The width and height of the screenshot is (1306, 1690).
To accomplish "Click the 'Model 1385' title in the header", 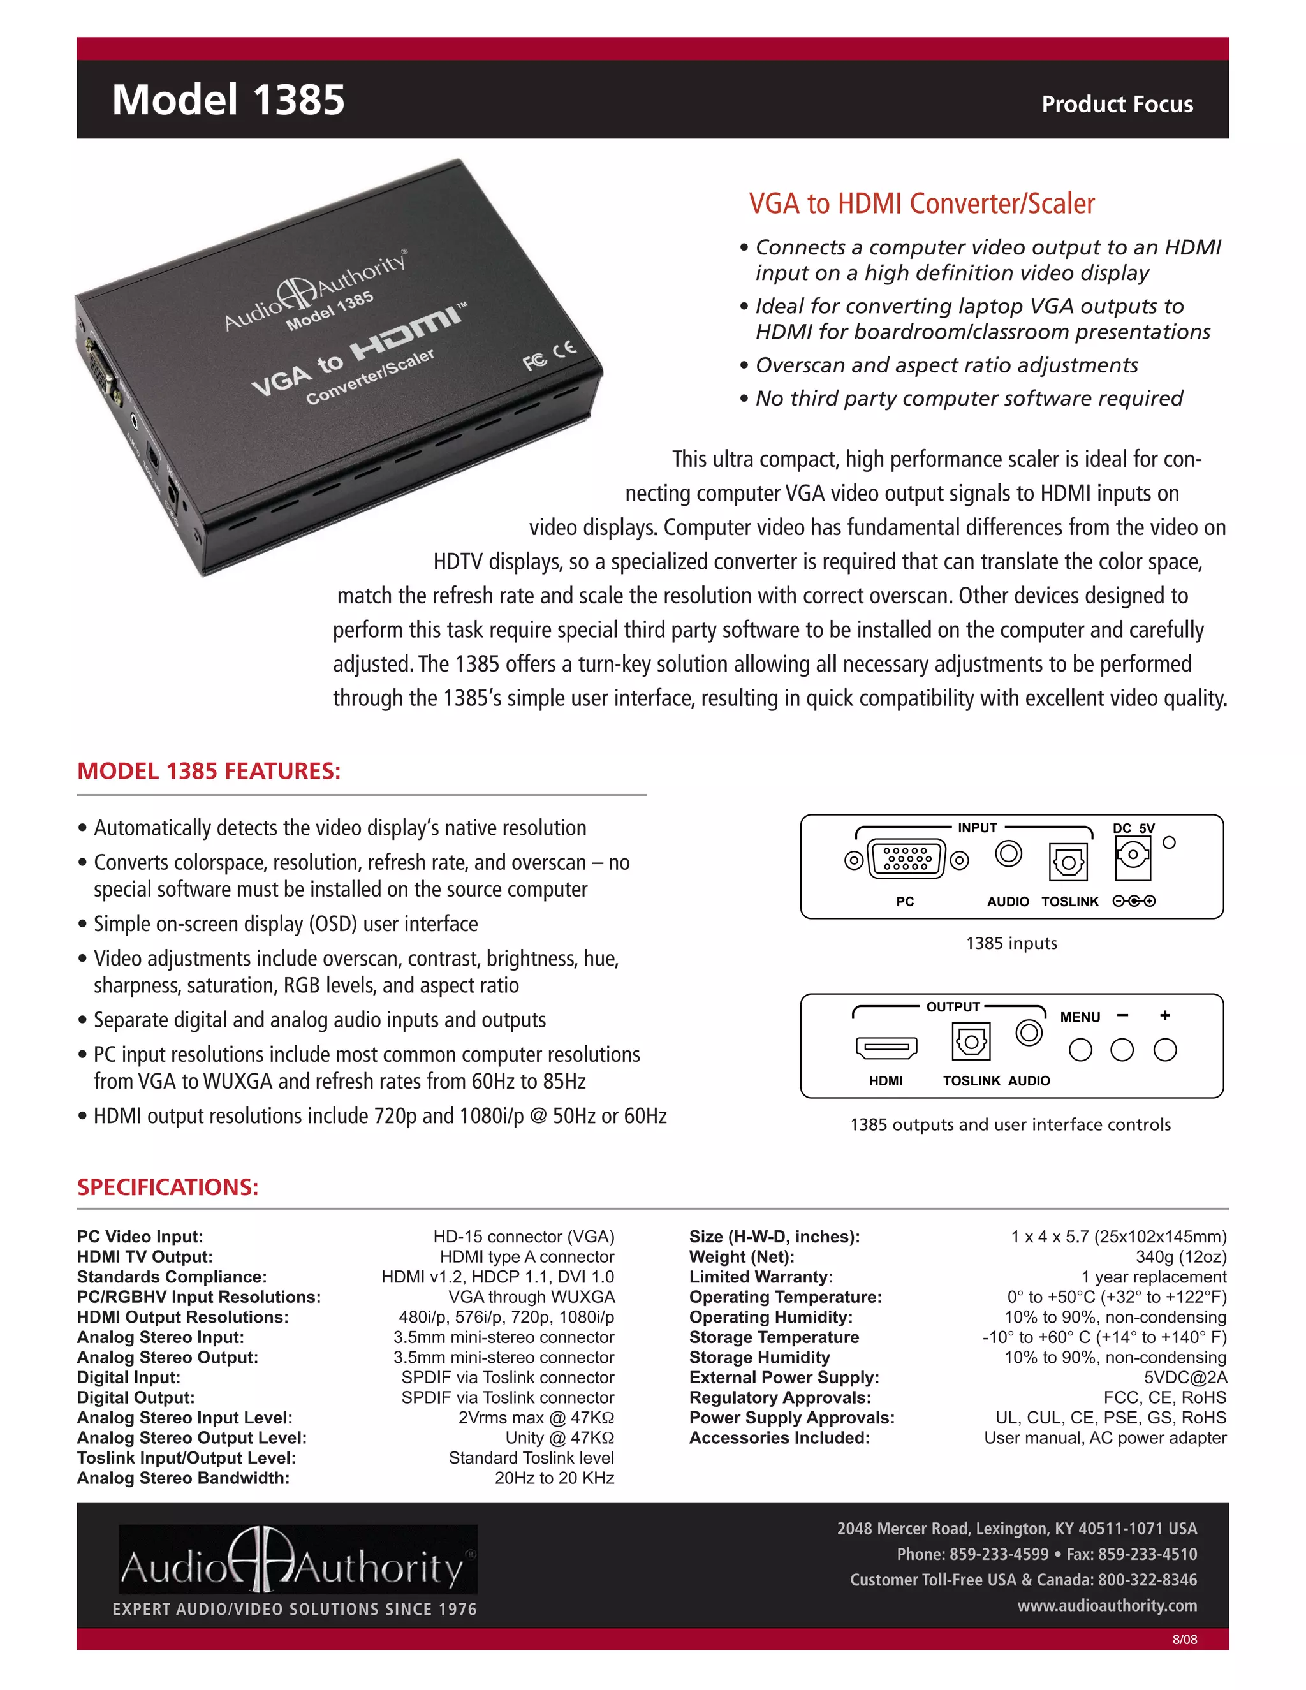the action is [x=228, y=100].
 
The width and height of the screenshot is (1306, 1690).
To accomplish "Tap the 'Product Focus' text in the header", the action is [x=1117, y=104].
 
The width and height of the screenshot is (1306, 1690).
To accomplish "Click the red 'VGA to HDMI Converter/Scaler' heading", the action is [x=921, y=203].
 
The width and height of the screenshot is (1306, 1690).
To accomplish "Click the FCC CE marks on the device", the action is [x=549, y=355].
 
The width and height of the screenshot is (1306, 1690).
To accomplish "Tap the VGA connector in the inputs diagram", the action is [x=907, y=859].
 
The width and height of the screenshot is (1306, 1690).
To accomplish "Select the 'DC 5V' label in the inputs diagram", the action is [x=1133, y=828].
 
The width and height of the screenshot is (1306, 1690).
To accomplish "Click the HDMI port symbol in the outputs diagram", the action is [x=886, y=1048].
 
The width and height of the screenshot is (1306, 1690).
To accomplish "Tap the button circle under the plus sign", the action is [x=1164, y=1050].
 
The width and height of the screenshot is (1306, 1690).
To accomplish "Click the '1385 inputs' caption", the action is [x=1011, y=943].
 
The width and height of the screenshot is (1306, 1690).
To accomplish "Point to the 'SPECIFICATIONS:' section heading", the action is [x=168, y=1187].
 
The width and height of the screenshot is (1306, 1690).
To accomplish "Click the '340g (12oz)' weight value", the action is [x=1180, y=1258].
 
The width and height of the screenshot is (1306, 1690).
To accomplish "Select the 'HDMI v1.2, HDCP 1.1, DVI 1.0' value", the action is [x=498, y=1277].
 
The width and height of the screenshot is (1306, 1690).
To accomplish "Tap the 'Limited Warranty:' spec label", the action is [x=761, y=1277].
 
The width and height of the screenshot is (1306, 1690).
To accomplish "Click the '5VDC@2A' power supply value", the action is [x=1185, y=1378].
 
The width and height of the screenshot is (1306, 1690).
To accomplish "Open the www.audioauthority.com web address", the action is [x=1107, y=1606].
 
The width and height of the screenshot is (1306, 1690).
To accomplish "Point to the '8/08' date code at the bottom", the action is [x=1185, y=1640].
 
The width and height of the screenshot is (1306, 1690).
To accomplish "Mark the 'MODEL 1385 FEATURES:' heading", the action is [x=209, y=772].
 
